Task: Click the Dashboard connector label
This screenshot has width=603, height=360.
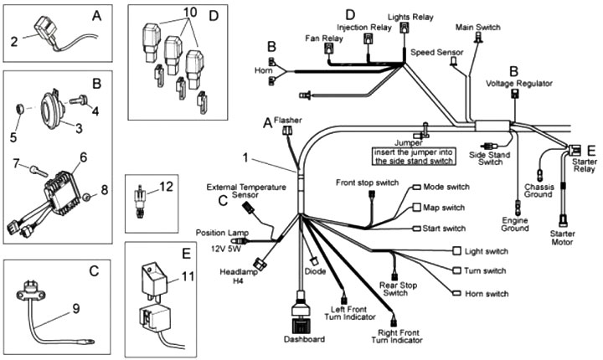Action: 303,339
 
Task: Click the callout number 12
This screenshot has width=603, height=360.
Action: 167,187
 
